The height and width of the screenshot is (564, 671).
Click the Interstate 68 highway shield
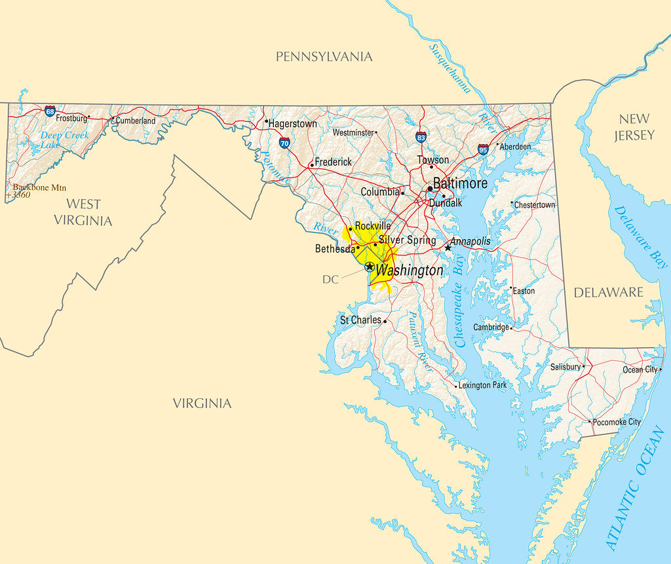coord(50,111)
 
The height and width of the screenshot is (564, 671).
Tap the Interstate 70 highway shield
coord(284,142)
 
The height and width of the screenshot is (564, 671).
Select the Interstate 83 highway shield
coord(421,137)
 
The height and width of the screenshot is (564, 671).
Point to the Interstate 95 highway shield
coord(483,149)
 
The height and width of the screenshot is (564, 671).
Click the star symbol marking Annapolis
coord(448,247)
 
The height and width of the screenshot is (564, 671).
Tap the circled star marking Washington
coord(370,267)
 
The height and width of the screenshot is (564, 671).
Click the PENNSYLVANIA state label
coord(324,56)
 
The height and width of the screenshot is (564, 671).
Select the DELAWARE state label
coord(608,292)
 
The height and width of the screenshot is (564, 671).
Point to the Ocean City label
coord(640,369)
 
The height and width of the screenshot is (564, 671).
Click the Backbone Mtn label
coord(39,187)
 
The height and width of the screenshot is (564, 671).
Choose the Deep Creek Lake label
coord(63,140)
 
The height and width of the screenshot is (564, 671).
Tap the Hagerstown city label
coord(292,123)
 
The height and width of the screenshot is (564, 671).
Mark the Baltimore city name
coord(460,183)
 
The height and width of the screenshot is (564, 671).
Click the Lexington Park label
coord(482,385)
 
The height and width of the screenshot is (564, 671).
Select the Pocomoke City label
coord(617,422)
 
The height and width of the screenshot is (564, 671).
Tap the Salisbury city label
coord(565,367)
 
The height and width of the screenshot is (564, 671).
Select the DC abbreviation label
coord(330,279)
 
